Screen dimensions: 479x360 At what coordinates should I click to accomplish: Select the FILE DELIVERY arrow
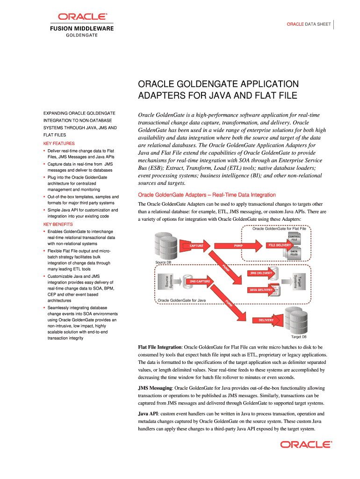click(x=279, y=245)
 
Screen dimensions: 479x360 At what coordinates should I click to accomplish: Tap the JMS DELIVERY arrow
click(x=260, y=273)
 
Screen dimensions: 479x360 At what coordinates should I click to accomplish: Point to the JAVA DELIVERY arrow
click(x=260, y=290)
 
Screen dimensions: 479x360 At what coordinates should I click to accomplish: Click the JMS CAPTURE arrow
click(x=200, y=282)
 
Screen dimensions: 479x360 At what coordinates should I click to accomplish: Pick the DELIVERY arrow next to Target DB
click(x=263, y=320)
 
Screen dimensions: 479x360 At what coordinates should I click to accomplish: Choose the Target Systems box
click(x=297, y=282)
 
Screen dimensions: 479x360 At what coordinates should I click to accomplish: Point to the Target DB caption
click(x=299, y=337)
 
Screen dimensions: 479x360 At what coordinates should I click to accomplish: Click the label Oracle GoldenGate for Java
click(x=181, y=300)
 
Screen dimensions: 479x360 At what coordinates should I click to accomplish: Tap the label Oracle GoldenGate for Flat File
click(x=279, y=229)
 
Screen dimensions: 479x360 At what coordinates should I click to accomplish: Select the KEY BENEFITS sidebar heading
click(x=58, y=225)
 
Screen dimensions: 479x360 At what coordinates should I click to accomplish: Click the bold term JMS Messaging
click(x=155, y=388)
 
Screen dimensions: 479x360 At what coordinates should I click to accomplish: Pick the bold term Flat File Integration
click(x=159, y=348)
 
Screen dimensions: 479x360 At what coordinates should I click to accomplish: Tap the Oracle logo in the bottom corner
click(x=306, y=444)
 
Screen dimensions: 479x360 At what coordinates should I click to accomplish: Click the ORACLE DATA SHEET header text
click(x=309, y=23)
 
